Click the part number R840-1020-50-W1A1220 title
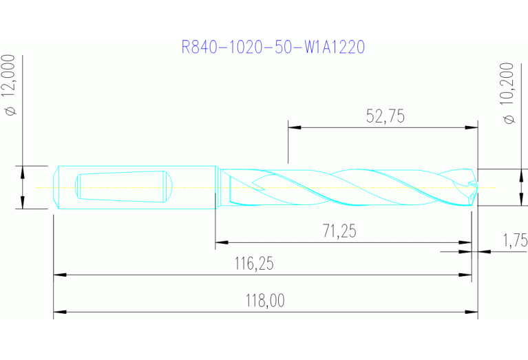pyautogui.click(x=272, y=47)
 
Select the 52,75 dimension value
pyautogui.click(x=385, y=116)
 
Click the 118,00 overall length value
pyautogui.click(x=265, y=301)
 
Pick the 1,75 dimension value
pyautogui.click(x=514, y=240)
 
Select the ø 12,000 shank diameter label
pyautogui.click(x=10, y=85)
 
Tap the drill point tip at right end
pyautogui.click(x=475, y=187)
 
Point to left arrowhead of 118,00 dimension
pyautogui.click(x=59, y=313)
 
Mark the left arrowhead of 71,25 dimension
pyautogui.click(x=221, y=242)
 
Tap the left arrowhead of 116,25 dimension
pyautogui.click(x=59, y=275)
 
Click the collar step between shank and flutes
pyautogui.click(x=217, y=187)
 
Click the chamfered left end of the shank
pyautogui.click(x=56, y=187)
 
